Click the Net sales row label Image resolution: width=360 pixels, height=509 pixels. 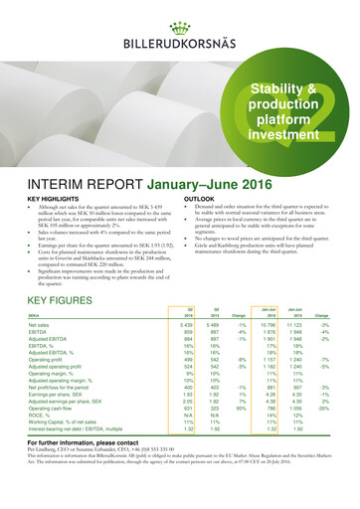(45, 353)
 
